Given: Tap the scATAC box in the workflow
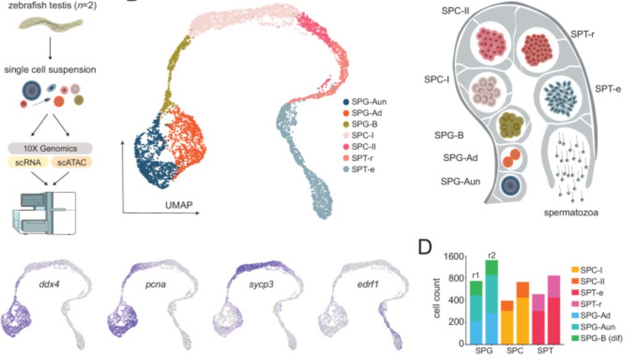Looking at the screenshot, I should click(73, 163).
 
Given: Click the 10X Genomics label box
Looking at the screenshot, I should click(50, 149).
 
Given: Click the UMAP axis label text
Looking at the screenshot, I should click(161, 205).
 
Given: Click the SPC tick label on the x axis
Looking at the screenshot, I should click(513, 351).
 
